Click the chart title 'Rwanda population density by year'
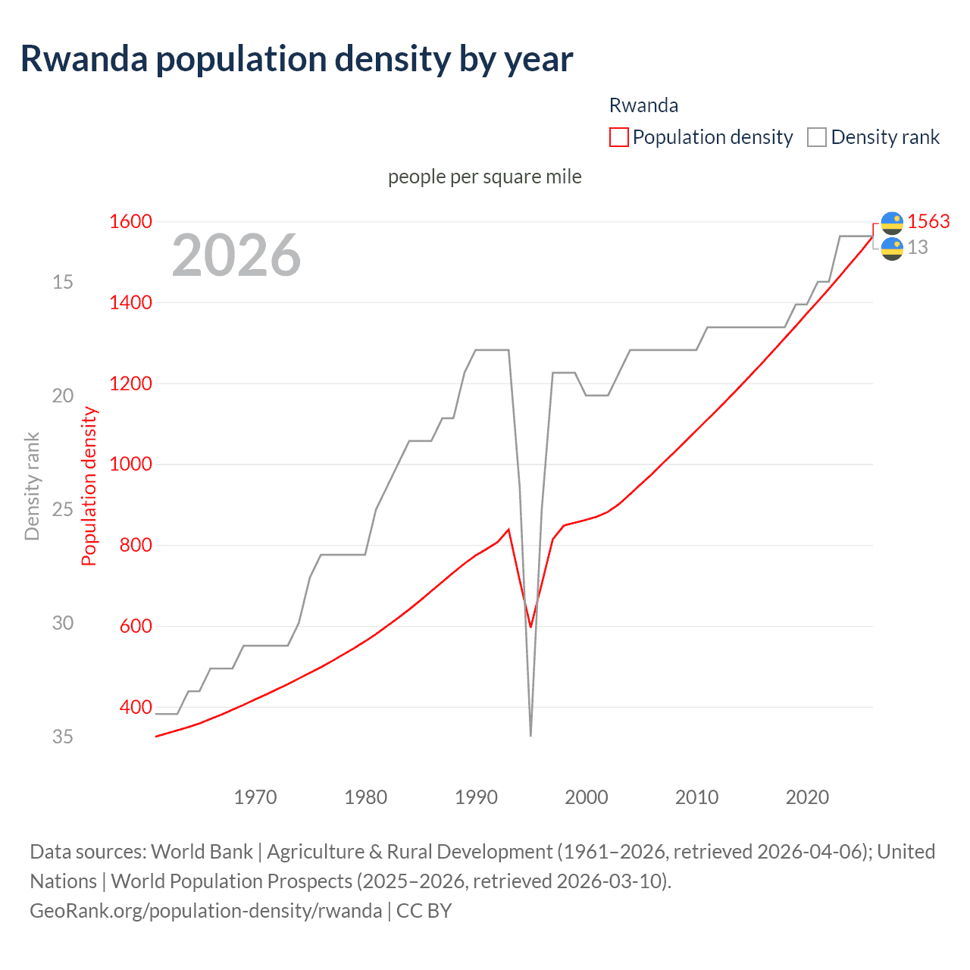pyautogui.click(x=296, y=59)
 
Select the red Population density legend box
pyautogui.click(x=618, y=137)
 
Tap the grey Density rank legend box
pyautogui.click(x=816, y=137)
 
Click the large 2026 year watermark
pyautogui.click(x=236, y=255)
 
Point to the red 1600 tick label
pyautogui.click(x=130, y=222)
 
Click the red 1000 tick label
pyautogui.click(x=130, y=465)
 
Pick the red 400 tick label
pyautogui.click(x=136, y=707)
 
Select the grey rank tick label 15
pyautogui.click(x=63, y=282)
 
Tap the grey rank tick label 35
pyautogui.click(x=63, y=737)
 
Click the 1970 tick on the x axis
pyautogui.click(x=255, y=797)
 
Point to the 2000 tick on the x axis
pyautogui.click(x=587, y=797)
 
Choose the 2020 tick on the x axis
pyautogui.click(x=807, y=797)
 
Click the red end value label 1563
pyautogui.click(x=928, y=221)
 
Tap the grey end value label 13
pyautogui.click(x=918, y=248)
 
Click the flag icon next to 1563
pyautogui.click(x=892, y=222)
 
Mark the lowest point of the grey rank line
pyautogui.click(x=530, y=735)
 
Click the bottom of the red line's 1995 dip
pyautogui.click(x=530, y=627)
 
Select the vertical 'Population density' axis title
pyautogui.click(x=89, y=487)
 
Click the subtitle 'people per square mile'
pyautogui.click(x=485, y=177)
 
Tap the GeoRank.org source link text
pyautogui.click(x=205, y=911)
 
